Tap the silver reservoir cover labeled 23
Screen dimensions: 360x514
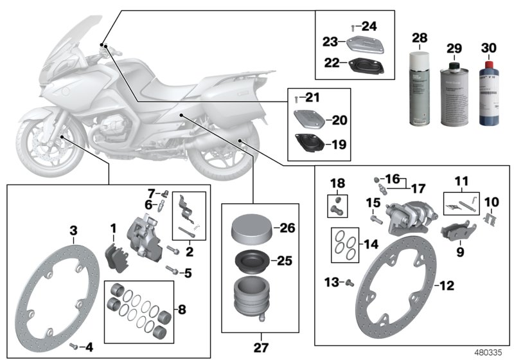coord(366,43)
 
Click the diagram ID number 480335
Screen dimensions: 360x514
coord(489,353)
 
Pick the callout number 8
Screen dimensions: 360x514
coord(182,310)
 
